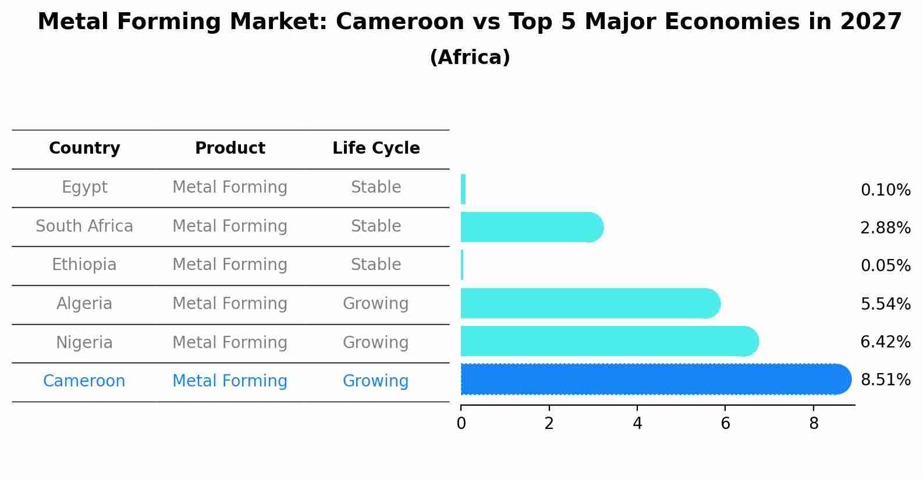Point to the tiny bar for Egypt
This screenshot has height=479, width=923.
[x=463, y=189]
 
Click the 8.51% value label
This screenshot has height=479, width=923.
[x=885, y=380]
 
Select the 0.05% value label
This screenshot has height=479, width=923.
[x=885, y=266]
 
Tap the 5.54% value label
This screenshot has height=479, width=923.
[x=885, y=304]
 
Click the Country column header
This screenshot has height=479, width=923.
[x=84, y=148]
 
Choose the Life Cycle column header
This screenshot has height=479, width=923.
[x=376, y=148]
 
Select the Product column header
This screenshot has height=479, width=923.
[x=230, y=148]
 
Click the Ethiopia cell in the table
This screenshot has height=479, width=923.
[x=84, y=265]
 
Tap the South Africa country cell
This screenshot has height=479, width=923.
[x=84, y=226]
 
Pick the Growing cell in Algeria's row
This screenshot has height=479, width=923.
[x=375, y=304]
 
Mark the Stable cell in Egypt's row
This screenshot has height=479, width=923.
[x=375, y=187]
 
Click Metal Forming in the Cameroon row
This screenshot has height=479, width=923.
[x=230, y=381]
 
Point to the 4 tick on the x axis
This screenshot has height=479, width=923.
[x=637, y=424]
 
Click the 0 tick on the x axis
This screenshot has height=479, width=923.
[x=461, y=424]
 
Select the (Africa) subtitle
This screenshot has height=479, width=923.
[x=470, y=58]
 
